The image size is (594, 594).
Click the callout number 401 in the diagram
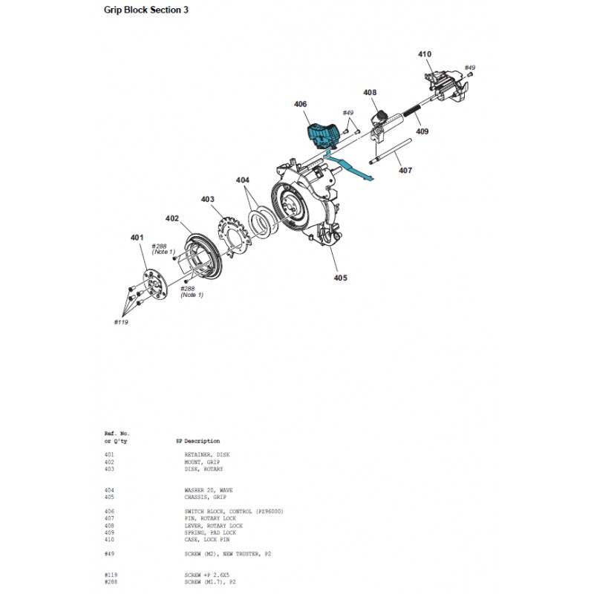point(137,238)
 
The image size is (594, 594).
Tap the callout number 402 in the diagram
point(172,219)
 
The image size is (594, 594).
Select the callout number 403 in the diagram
point(207,199)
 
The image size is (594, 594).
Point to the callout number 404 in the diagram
point(244,180)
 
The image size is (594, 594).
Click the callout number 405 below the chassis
point(339,278)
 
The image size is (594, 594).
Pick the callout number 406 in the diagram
point(300,105)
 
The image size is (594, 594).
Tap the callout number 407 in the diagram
point(405,171)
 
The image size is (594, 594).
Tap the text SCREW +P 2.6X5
point(208,575)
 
